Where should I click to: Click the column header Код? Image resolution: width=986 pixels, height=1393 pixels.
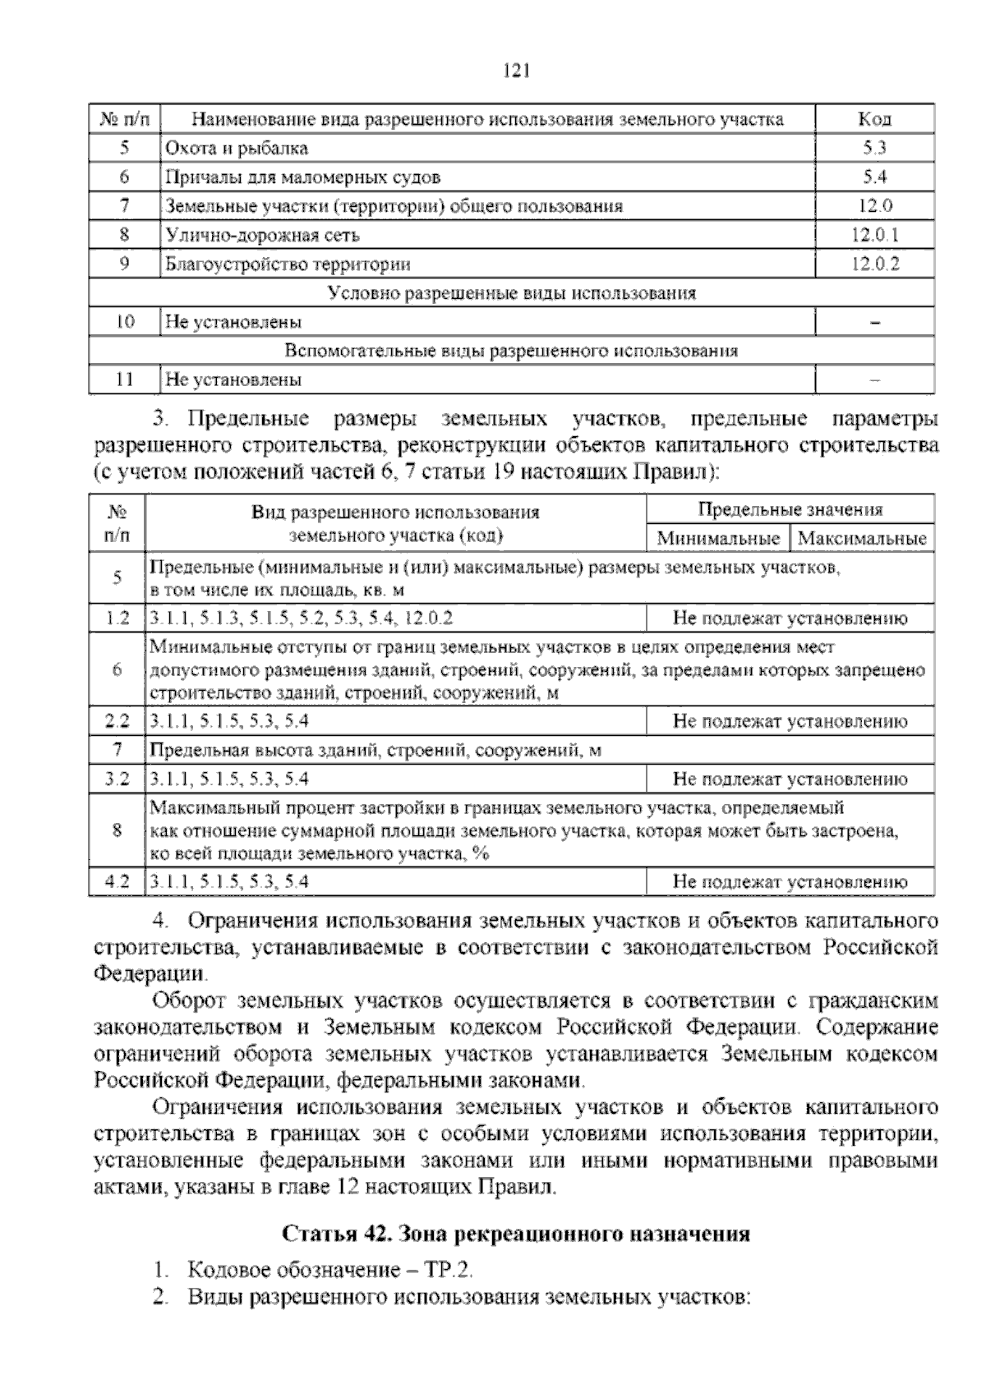pyautogui.click(x=874, y=119)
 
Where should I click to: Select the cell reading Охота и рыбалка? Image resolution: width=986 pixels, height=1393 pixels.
pyautogui.click(x=237, y=149)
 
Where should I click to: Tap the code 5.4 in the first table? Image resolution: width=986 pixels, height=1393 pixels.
pyautogui.click(x=874, y=177)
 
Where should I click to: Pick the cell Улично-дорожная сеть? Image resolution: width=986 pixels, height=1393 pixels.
pyautogui.click(x=263, y=236)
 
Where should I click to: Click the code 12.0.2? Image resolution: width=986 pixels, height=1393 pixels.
pyautogui.click(x=874, y=264)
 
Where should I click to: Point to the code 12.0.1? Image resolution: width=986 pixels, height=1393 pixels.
pyautogui.click(x=874, y=236)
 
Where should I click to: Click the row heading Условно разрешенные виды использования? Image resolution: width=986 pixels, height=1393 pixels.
pyautogui.click(x=511, y=293)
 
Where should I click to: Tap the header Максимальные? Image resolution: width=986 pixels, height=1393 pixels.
pyautogui.click(x=862, y=539)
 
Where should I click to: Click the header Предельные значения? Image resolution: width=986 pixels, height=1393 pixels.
pyautogui.click(x=790, y=510)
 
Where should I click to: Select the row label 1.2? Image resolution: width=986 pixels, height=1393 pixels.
pyautogui.click(x=117, y=618)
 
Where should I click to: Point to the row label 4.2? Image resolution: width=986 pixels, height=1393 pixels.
pyautogui.click(x=117, y=882)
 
